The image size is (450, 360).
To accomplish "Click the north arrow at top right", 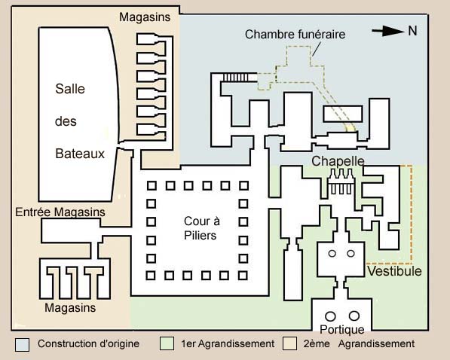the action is [388, 31].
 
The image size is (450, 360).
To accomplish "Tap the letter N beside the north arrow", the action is [412, 31].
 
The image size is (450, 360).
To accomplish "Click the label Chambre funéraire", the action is [295, 35].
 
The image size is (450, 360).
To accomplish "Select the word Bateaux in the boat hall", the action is [80, 154].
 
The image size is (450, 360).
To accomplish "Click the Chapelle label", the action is [338, 161].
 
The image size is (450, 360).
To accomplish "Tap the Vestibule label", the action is [394, 271].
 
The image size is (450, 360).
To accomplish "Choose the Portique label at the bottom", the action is [341, 330].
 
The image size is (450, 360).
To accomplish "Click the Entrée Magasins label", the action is [60, 212].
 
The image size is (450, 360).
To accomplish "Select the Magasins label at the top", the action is [145, 17].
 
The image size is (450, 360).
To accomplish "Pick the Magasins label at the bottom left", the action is [70, 308].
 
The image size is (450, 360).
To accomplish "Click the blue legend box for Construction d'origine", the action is [22, 344].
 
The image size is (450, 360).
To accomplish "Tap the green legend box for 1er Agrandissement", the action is [167, 343].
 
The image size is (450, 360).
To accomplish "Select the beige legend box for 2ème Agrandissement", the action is [289, 343].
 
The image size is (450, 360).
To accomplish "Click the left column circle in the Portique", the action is [330, 316].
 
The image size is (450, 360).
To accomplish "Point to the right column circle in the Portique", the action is [354, 316].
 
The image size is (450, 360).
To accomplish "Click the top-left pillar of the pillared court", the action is [152, 185].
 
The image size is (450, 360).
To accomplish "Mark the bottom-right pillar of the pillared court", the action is [243, 276].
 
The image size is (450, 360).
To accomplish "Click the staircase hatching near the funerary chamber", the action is [236, 78].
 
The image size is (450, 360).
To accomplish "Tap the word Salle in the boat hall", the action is [70, 89].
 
